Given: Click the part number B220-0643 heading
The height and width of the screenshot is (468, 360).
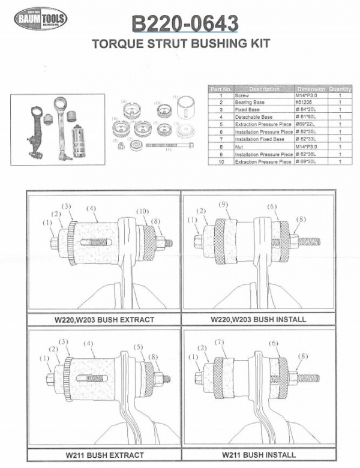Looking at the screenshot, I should [185, 24].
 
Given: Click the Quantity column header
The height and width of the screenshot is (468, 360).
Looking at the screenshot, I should [340, 89].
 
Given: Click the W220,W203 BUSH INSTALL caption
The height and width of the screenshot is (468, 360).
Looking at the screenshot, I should [259, 319].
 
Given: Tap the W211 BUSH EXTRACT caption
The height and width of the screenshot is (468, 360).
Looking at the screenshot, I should [104, 454].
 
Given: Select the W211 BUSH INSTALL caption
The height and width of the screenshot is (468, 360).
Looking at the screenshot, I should [259, 454].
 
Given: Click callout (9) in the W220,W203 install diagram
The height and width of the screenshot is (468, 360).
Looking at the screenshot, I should [223, 205].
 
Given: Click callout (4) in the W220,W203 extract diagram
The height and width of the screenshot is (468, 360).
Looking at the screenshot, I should [91, 209].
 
